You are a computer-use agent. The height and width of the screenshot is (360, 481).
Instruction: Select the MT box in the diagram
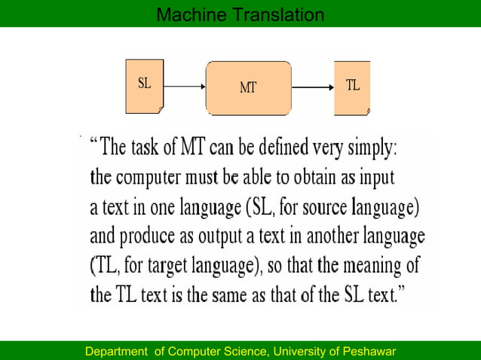248,87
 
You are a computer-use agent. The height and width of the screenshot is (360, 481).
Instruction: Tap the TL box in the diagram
352,87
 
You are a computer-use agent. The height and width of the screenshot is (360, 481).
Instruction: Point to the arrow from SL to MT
184,87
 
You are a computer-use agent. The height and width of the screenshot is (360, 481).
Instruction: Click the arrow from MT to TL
312,87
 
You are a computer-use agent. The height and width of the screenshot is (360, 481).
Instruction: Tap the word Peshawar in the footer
369,352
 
